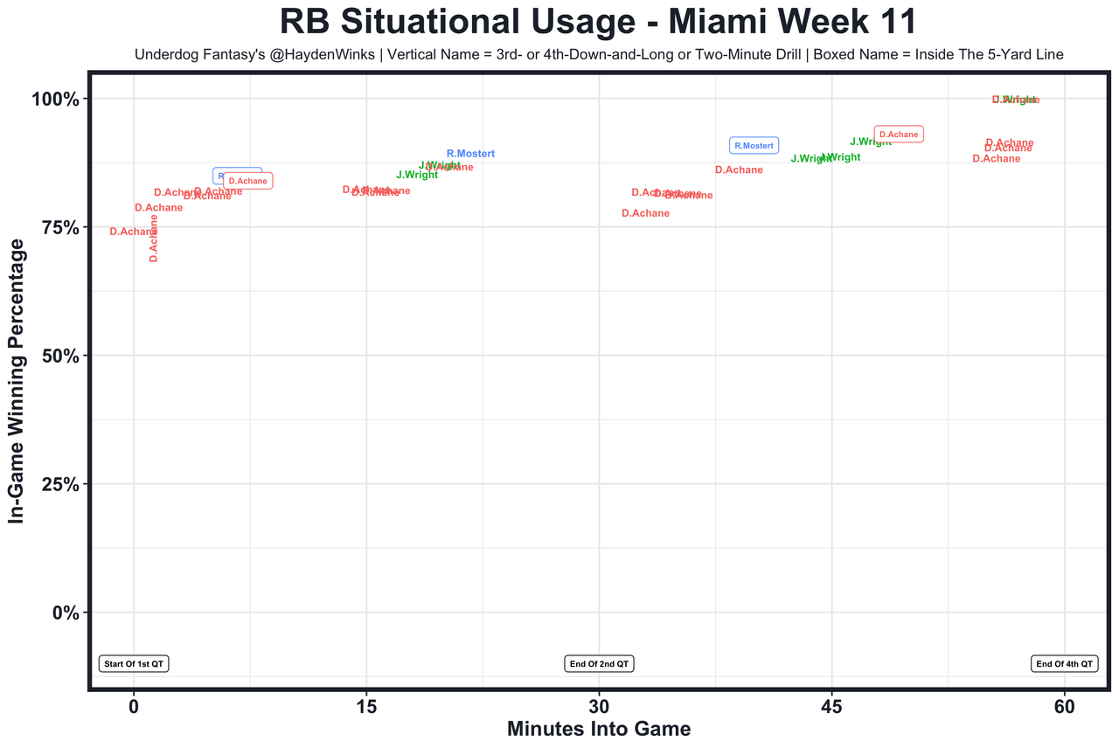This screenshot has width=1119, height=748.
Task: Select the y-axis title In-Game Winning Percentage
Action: click(17, 381)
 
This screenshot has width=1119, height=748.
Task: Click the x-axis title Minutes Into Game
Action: click(599, 729)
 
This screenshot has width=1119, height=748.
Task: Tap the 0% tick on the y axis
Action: click(66, 613)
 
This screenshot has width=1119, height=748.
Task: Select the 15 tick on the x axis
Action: click(365, 704)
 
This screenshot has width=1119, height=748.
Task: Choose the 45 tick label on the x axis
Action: click(831, 704)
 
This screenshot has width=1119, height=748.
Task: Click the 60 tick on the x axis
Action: click(1064, 704)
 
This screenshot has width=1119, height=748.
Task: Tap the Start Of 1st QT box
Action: click(134, 664)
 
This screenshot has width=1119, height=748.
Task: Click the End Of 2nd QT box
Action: click(599, 664)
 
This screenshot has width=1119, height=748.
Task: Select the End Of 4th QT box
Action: click(1064, 664)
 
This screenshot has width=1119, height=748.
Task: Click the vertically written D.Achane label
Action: click(154, 238)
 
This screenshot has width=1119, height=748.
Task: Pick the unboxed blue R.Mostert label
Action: click(470, 154)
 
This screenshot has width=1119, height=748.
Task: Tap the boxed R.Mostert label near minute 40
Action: click(754, 146)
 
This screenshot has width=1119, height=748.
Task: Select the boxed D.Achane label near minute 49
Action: click(899, 135)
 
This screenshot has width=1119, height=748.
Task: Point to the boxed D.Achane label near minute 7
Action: click(248, 181)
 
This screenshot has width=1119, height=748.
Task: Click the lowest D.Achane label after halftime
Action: click(645, 213)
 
